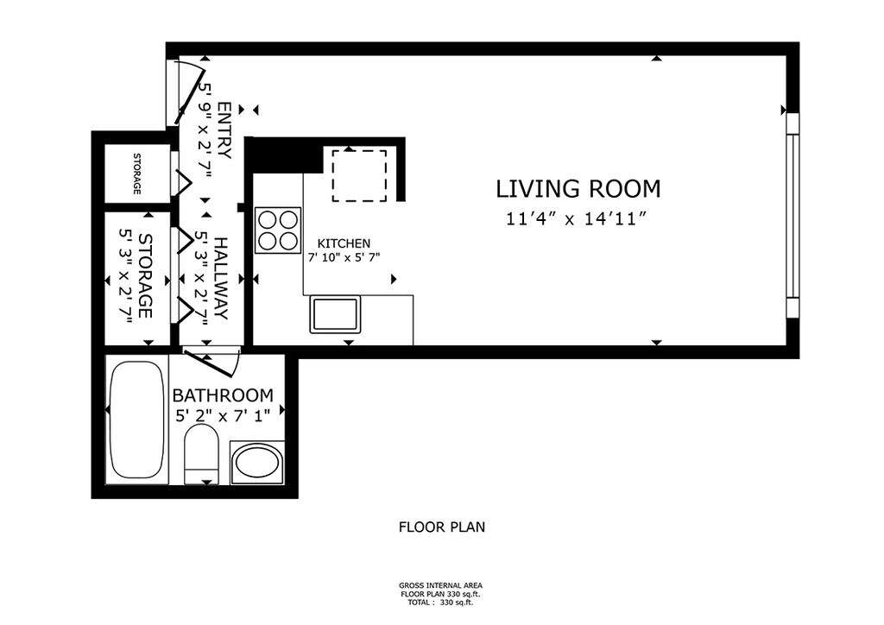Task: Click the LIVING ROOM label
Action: (578, 189)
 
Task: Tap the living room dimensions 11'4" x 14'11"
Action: (576, 218)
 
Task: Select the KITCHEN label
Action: (344, 243)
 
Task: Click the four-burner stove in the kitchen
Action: (277, 230)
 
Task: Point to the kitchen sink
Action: (334, 314)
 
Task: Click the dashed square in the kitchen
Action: (359, 175)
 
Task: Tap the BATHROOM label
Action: (223, 395)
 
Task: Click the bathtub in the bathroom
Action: (137, 420)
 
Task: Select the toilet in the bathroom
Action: (201, 455)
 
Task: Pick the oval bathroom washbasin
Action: (257, 463)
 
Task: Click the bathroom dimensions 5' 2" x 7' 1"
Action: (224, 416)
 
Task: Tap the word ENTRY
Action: (224, 130)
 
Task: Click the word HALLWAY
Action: (220, 279)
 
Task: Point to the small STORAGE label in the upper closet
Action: (136, 174)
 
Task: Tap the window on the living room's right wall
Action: (792, 214)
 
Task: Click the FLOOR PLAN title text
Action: (442, 527)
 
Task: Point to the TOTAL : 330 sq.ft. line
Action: (440, 603)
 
